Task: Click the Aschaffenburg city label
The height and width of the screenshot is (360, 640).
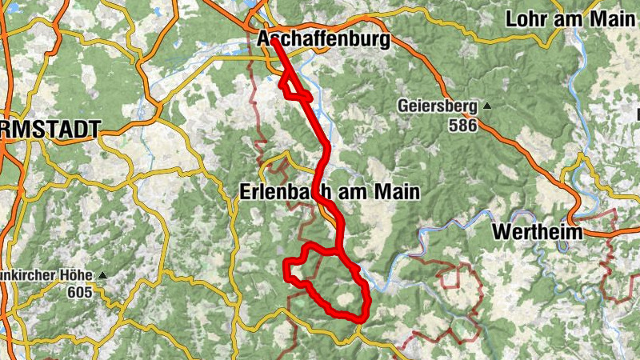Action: pyautogui.click(x=323, y=39)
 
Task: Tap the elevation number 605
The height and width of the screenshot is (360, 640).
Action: pyautogui.click(x=80, y=292)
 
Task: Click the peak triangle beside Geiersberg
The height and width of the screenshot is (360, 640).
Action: pyautogui.click(x=485, y=106)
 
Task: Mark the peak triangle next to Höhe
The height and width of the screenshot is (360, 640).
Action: pyautogui.click(x=102, y=276)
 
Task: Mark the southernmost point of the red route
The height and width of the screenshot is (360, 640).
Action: pyautogui.click(x=359, y=319)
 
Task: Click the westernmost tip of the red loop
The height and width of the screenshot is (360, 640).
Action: pyautogui.click(x=286, y=275)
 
